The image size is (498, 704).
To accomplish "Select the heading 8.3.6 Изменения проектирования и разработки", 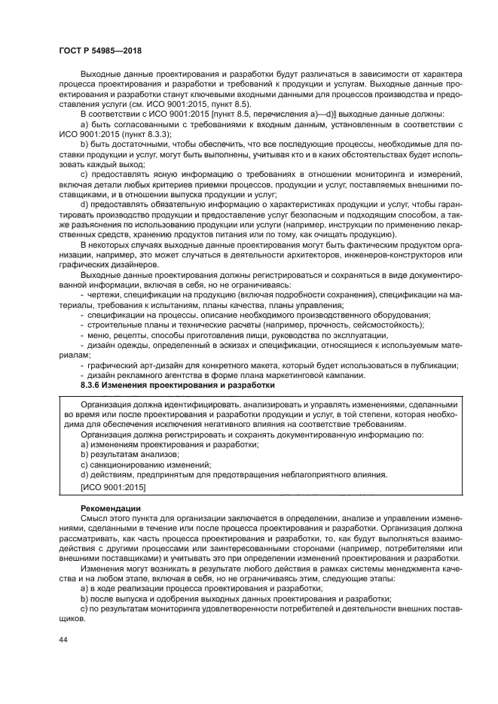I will point(177,385).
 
